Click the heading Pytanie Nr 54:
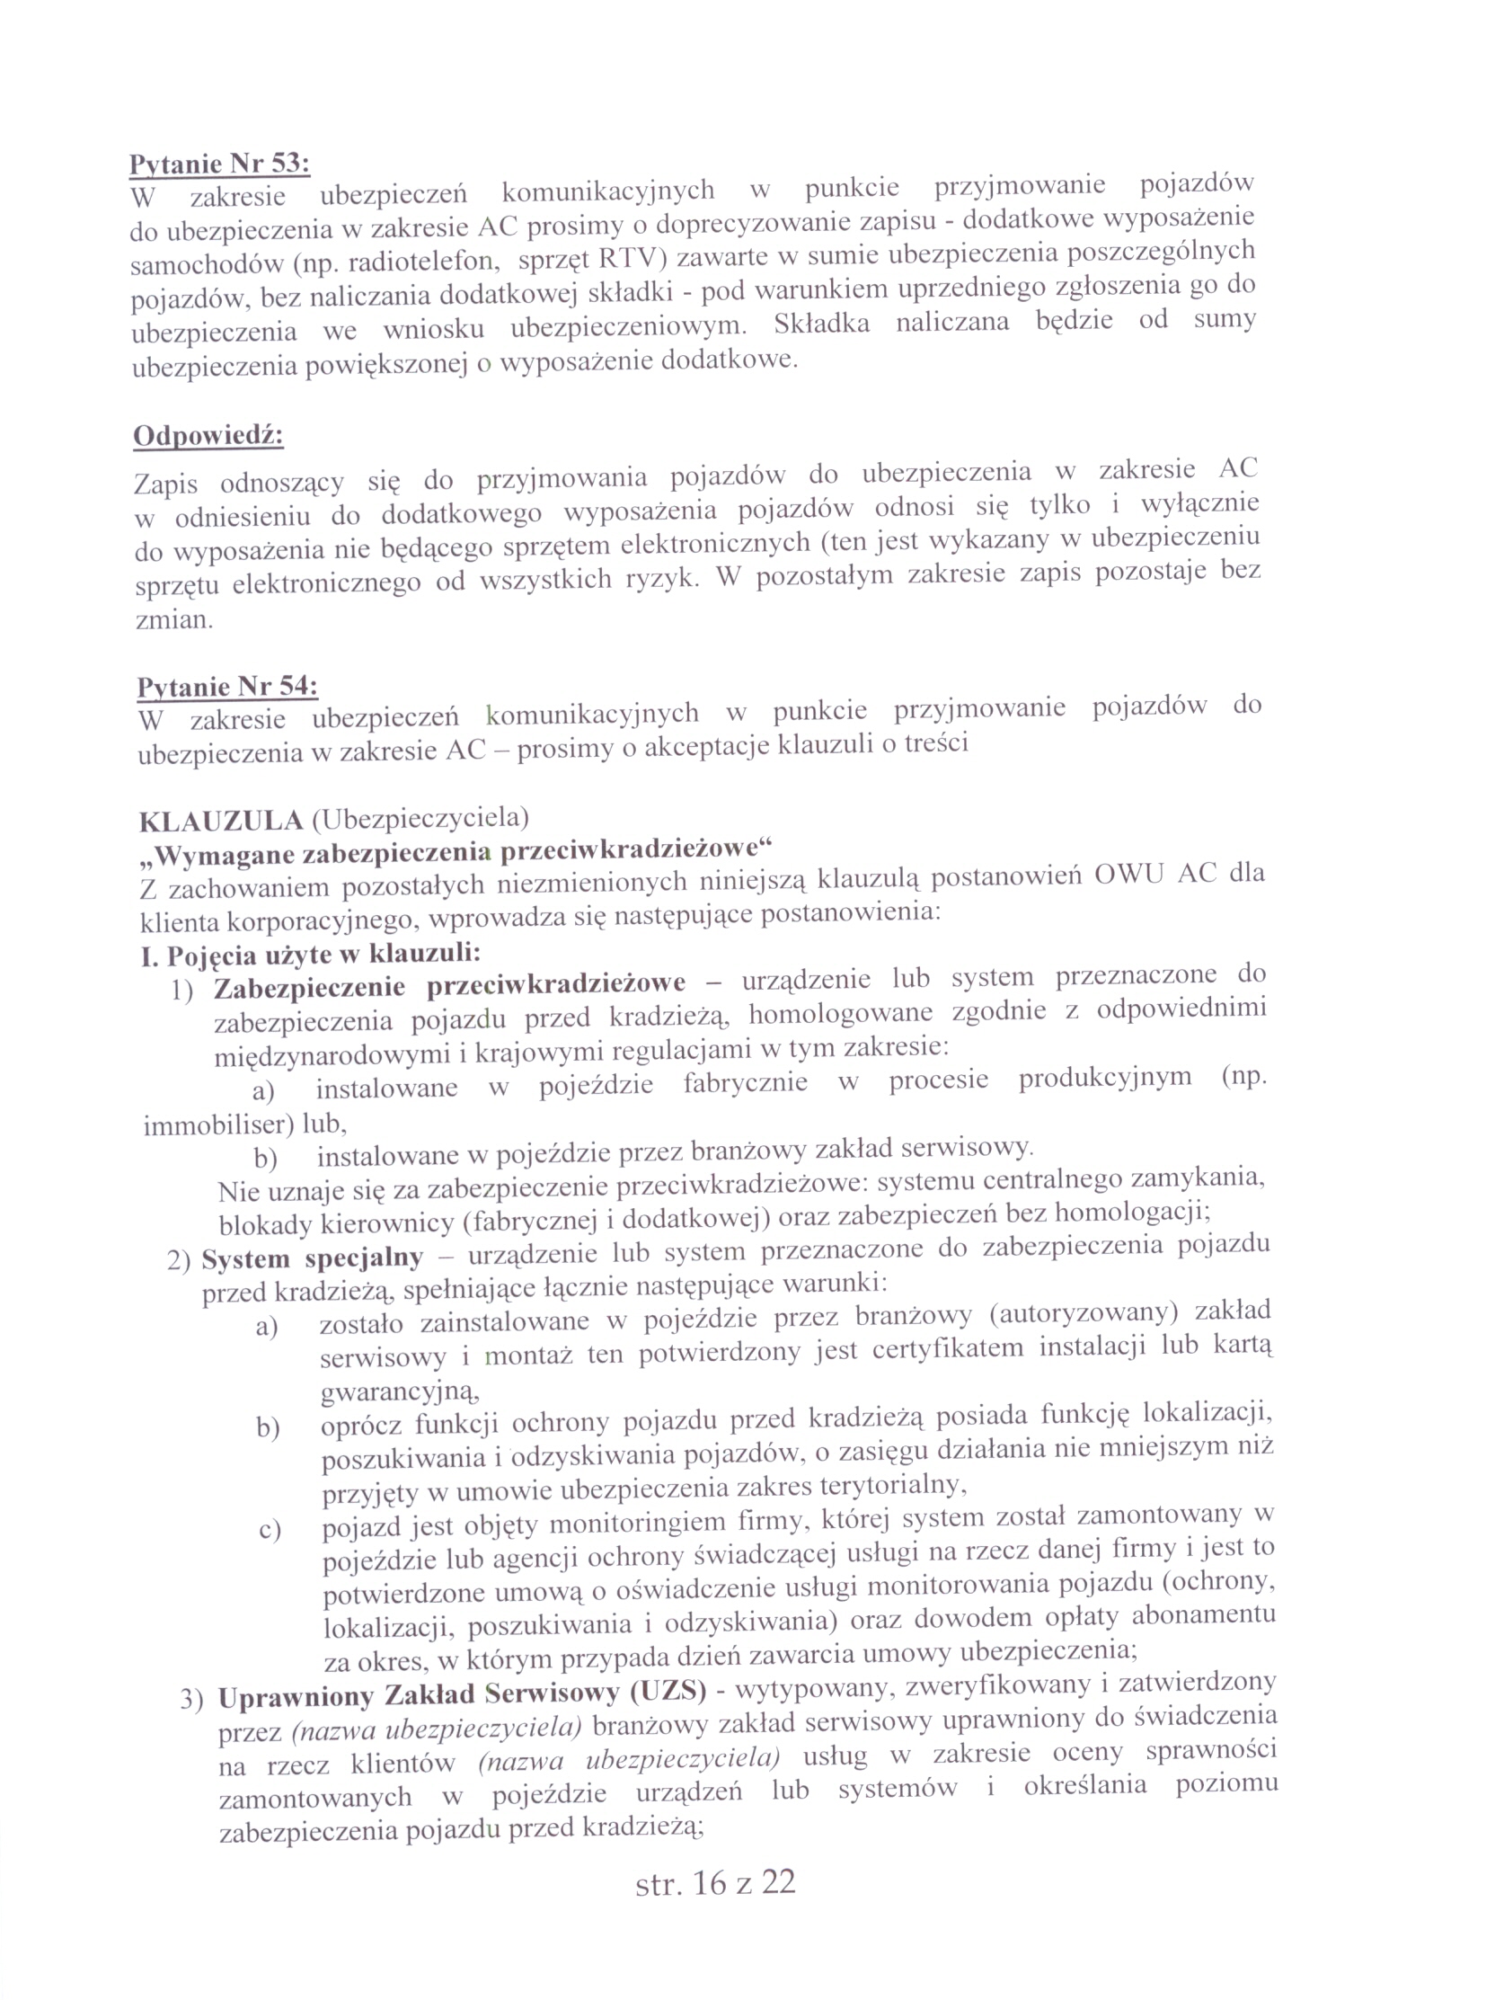tap(227, 687)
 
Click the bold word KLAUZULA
tap(220, 821)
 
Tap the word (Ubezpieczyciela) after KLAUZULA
tap(420, 818)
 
